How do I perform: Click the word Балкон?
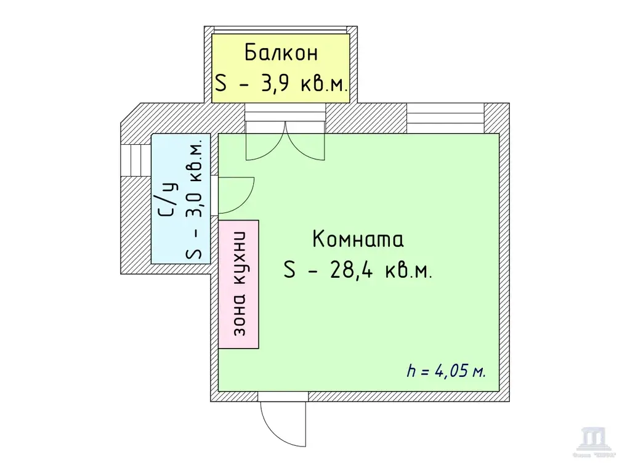pyautogui.click(x=281, y=52)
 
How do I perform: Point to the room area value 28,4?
pyautogui.click(x=353, y=270)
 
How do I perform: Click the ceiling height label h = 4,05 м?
pyautogui.click(x=446, y=371)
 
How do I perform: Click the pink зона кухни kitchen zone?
pyautogui.click(x=239, y=285)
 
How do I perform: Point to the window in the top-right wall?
pyautogui.click(x=445, y=117)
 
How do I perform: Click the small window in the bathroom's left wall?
pyautogui.click(x=135, y=160)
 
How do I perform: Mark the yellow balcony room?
pyautogui.click(x=281, y=68)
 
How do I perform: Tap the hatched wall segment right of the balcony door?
pyautogui.click(x=366, y=117)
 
